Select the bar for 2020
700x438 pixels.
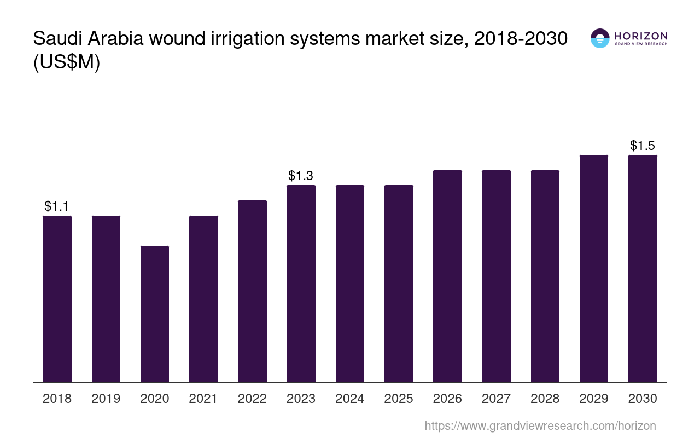click(155, 314)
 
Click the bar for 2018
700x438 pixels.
click(57, 299)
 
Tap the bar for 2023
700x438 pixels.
click(301, 284)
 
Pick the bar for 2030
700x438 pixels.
click(643, 268)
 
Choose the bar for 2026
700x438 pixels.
click(447, 276)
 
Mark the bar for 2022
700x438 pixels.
click(252, 291)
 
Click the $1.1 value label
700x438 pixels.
click(57, 206)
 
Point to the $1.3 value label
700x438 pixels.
click(301, 176)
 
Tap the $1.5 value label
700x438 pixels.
click(643, 146)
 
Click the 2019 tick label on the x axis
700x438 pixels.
click(106, 399)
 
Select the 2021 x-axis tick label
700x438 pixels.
click(203, 399)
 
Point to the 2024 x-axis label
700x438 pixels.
click(350, 399)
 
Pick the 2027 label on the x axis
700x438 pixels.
click(496, 399)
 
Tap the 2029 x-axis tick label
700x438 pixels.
click(594, 399)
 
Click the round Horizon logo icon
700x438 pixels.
click(600, 38)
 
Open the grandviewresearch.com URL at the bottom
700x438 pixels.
click(540, 425)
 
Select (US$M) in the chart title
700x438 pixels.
click(67, 62)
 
